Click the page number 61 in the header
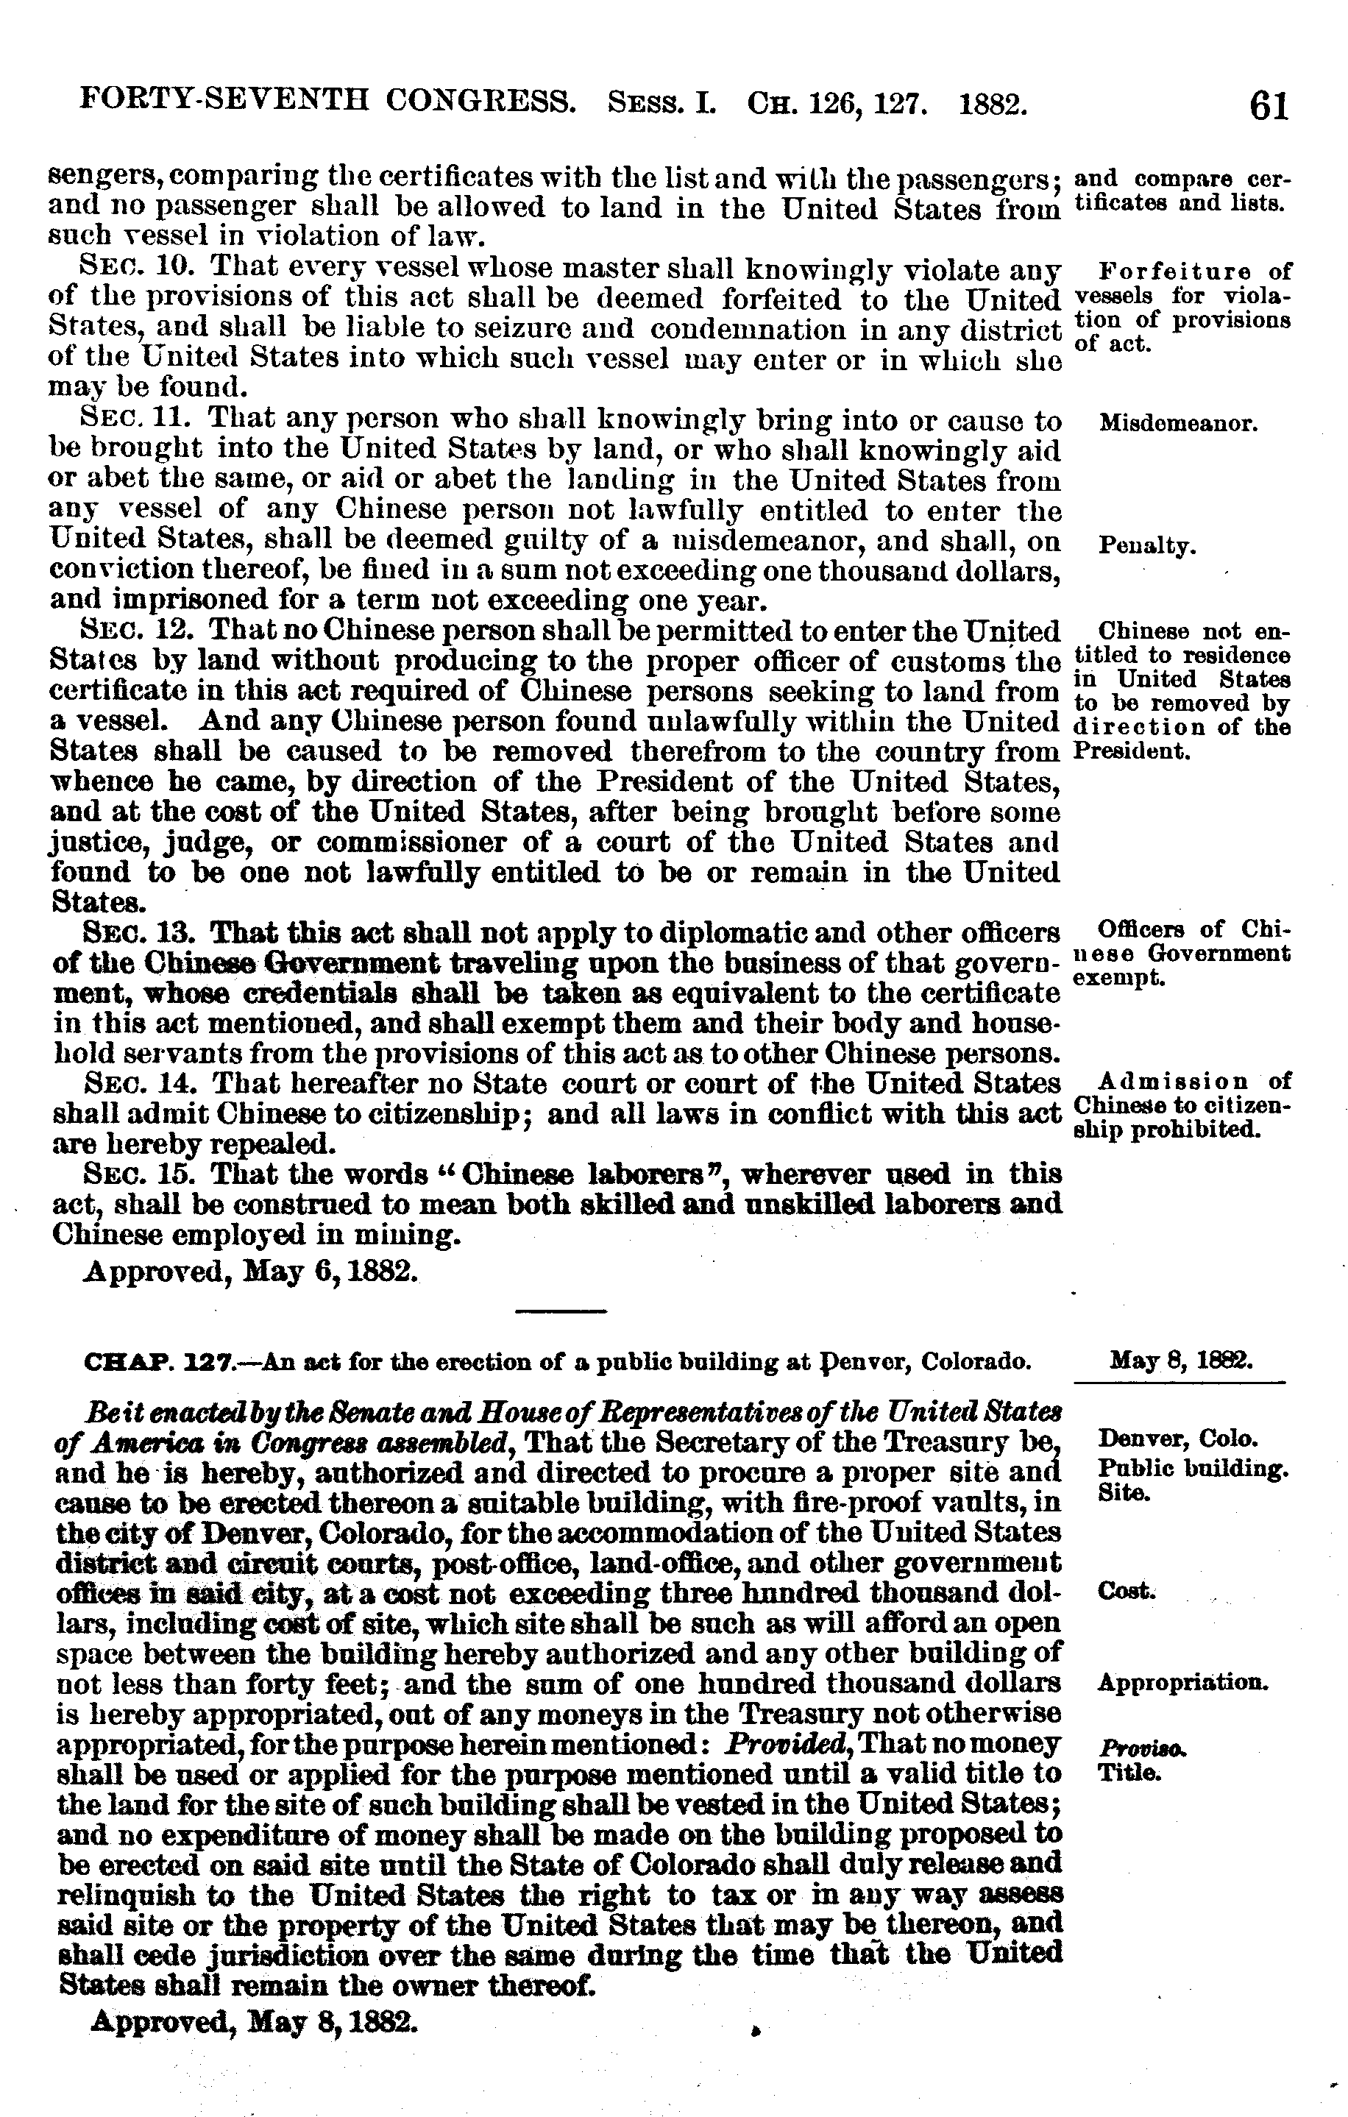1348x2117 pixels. pyautogui.click(x=1267, y=107)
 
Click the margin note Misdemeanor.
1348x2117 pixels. pyautogui.click(x=1178, y=424)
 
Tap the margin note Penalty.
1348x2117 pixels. pyautogui.click(x=1148, y=546)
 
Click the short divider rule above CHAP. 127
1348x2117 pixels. pyautogui.click(x=561, y=1313)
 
